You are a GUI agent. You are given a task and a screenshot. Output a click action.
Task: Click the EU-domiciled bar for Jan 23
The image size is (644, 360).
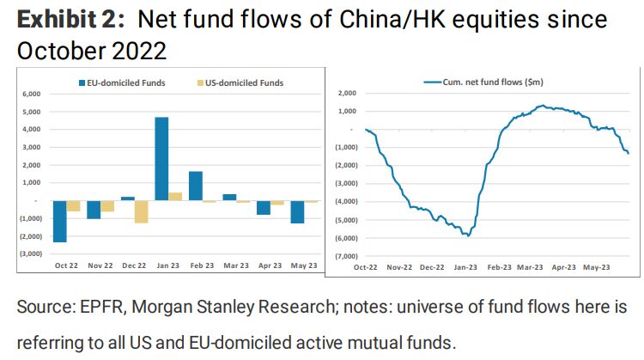click(161, 158)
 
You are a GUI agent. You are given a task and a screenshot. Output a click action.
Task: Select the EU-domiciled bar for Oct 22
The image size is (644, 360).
click(60, 221)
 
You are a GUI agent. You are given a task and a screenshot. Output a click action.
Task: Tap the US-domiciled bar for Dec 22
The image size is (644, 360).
click(140, 211)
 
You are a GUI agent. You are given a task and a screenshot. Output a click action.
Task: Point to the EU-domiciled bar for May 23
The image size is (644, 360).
click(297, 211)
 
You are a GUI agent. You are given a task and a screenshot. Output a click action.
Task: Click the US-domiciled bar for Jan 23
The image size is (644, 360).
click(175, 196)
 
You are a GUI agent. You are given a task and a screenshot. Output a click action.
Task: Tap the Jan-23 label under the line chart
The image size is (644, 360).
click(465, 267)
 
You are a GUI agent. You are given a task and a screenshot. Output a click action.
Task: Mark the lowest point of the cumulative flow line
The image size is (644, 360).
click(466, 235)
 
